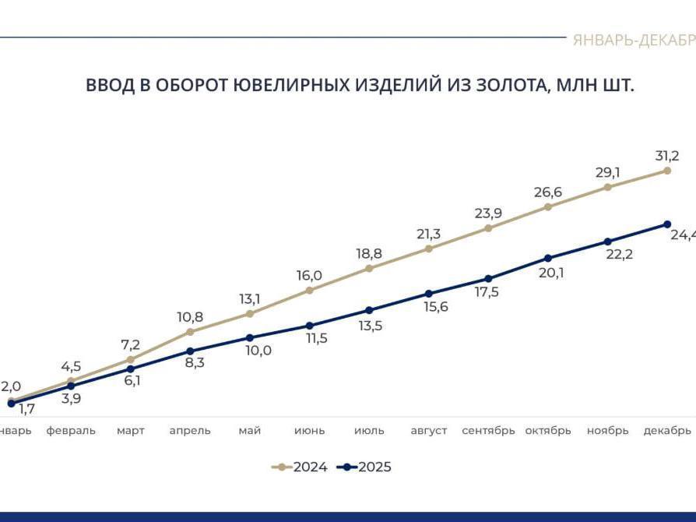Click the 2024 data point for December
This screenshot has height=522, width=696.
pos(667,171)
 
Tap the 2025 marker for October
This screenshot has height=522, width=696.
pos(548,258)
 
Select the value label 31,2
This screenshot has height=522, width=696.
pos(666,156)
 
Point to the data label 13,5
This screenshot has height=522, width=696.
pos(370,326)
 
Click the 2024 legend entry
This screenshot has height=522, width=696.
pos(300,467)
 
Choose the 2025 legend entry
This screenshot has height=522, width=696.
pos(364,467)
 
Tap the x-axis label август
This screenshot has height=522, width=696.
pos(428,431)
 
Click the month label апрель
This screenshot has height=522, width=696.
pos(190,431)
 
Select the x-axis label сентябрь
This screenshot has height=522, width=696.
pos(488,431)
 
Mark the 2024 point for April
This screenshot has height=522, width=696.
pos(190,332)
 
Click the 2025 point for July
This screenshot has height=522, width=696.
pos(369,310)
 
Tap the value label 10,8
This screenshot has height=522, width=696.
pos(190,317)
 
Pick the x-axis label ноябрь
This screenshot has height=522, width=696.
pos(607,431)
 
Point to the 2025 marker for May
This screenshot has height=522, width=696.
pos(250,338)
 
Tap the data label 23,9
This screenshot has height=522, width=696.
pos(488,213)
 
